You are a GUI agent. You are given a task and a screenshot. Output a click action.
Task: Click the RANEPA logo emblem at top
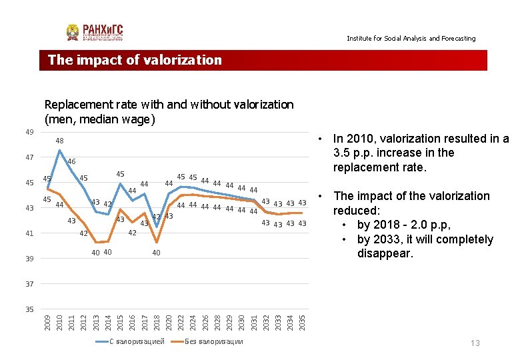[73, 32]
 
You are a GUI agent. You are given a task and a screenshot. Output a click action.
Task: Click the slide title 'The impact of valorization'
[135, 60]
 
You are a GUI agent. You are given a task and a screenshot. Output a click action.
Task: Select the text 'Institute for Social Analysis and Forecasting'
[411, 39]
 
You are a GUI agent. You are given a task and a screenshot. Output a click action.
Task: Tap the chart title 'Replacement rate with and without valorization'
[168, 105]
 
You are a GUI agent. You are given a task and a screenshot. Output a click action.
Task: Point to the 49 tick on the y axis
[29, 132]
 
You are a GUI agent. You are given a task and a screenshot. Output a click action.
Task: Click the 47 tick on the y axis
[29, 157]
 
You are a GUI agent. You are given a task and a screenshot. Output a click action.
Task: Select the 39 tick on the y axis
[29, 259]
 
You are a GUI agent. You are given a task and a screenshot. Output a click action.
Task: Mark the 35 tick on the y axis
[29, 309]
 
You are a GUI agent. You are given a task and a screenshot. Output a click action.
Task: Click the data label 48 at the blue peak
[59, 141]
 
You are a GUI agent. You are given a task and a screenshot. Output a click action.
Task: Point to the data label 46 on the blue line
[71, 162]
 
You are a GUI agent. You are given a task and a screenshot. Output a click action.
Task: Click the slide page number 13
[475, 343]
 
